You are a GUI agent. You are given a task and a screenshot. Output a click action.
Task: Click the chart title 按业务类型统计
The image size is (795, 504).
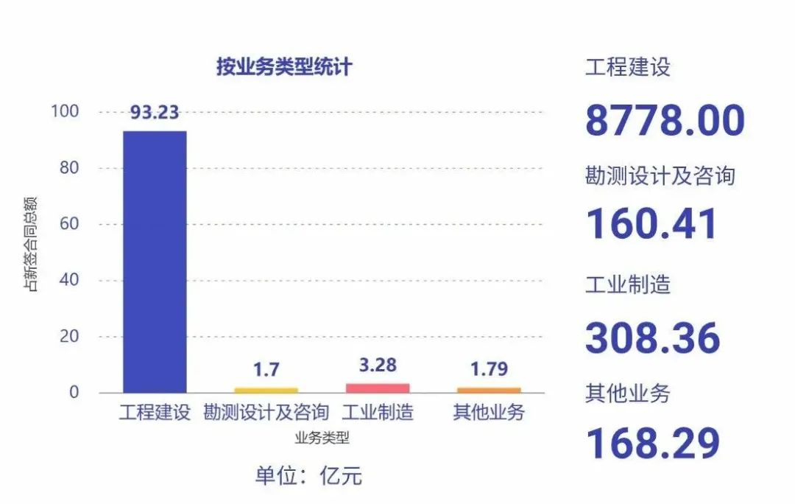[284, 67]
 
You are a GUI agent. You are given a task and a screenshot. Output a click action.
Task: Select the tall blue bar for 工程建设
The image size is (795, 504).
[155, 262]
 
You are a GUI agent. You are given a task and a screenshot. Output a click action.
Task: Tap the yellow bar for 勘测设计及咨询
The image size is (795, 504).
[266, 390]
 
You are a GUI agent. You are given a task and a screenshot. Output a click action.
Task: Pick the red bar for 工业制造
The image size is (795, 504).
[378, 388]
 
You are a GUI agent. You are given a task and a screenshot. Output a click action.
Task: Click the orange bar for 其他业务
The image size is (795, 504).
[489, 390]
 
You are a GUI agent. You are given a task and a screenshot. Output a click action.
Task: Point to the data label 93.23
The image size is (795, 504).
[155, 112]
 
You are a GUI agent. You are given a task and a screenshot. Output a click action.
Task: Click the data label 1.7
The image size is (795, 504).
[266, 369]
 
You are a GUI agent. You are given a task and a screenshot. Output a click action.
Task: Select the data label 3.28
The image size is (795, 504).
[378, 365]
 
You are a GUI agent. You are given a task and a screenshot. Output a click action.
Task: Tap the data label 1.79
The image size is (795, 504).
[489, 369]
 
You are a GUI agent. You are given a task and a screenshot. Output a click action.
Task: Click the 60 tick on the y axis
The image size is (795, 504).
[68, 224]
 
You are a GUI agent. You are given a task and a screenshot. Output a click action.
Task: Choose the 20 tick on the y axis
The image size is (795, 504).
[68, 337]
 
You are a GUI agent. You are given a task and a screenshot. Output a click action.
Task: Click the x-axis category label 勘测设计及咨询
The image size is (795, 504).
[266, 413]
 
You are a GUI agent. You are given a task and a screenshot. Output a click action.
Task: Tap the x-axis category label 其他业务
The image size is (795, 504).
[489, 413]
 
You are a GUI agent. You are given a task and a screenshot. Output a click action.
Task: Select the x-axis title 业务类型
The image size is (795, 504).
[322, 438]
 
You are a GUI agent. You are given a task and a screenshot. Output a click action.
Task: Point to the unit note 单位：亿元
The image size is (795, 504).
[308, 475]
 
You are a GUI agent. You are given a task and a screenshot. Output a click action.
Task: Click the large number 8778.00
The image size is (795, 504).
[665, 121]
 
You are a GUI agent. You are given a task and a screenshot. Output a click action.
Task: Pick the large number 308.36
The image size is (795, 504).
[652, 337]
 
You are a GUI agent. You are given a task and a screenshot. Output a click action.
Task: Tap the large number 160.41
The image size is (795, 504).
[651, 224]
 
